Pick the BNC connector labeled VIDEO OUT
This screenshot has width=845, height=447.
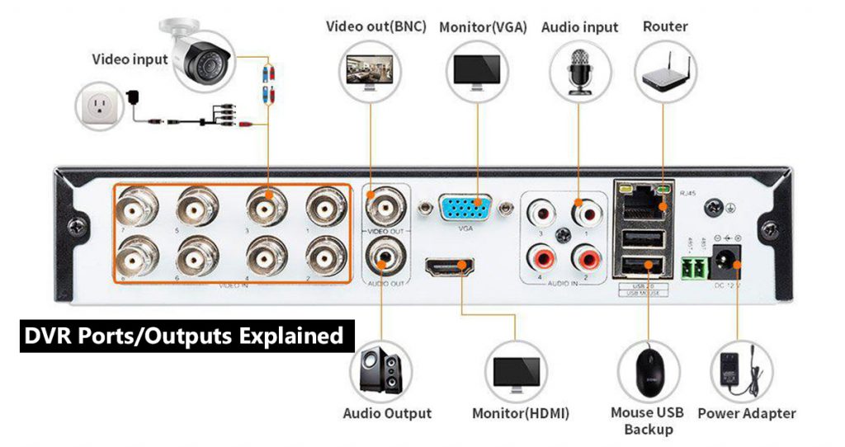[384, 205]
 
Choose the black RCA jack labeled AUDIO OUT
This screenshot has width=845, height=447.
[384, 256]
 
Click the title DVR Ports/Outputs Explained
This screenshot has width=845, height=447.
[183, 336]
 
